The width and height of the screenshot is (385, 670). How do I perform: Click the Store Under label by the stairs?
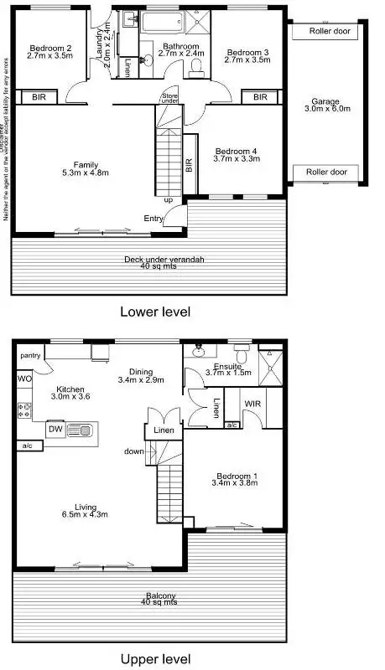tap(169, 100)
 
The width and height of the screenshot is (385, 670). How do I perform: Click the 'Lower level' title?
tap(155, 312)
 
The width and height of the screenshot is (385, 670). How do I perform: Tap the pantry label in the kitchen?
tap(31, 356)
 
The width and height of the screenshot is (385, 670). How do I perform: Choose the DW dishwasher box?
tap(55, 429)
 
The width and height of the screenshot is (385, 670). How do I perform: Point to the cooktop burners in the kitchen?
tap(24, 410)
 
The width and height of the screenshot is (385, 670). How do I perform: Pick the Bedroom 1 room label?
tap(235, 480)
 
